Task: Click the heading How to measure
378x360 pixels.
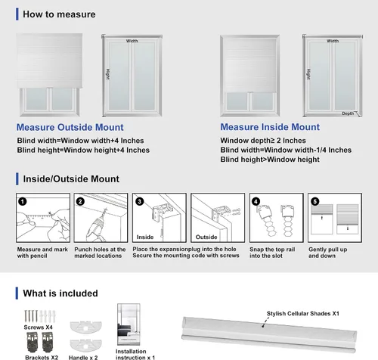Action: (59, 14)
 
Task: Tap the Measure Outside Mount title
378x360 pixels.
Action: (70, 127)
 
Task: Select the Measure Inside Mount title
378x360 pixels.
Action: (270, 127)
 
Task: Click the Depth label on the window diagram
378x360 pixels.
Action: (348, 113)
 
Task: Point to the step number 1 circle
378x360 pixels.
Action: (23, 201)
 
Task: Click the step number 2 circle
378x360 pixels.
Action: (80, 201)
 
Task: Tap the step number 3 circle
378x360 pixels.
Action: (139, 201)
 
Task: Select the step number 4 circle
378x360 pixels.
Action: (256, 201)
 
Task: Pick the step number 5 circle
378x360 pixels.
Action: (314, 201)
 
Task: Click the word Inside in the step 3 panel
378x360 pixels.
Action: (145, 237)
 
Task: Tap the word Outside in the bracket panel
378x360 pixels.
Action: (206, 237)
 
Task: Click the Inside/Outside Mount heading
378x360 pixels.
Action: (71, 178)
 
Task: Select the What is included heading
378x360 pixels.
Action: (60, 293)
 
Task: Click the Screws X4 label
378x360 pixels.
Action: (38, 327)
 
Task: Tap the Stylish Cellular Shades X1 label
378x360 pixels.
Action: (303, 313)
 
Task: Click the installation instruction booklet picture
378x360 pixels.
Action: (129, 324)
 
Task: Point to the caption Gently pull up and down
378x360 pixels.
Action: (327, 253)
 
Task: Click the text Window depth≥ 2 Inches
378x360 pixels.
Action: (263, 141)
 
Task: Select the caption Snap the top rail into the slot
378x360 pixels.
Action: (272, 253)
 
